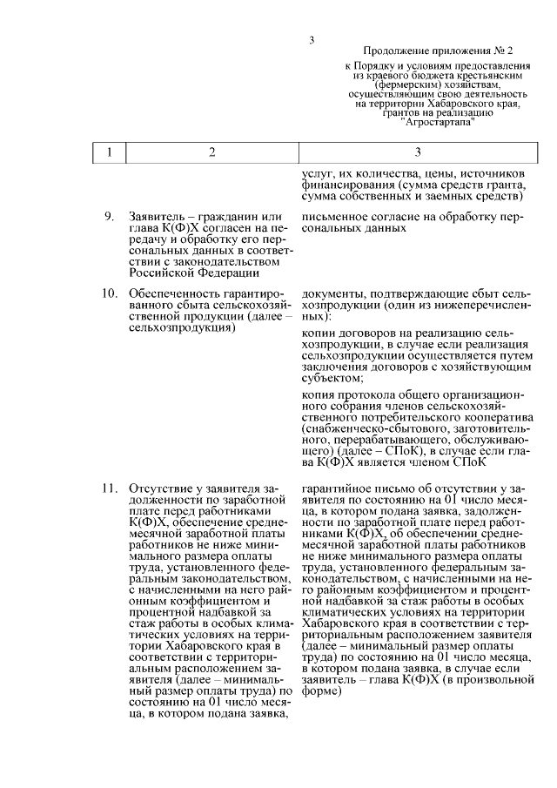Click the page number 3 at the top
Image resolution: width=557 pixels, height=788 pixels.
click(311, 39)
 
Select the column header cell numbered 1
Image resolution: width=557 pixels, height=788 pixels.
click(110, 152)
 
